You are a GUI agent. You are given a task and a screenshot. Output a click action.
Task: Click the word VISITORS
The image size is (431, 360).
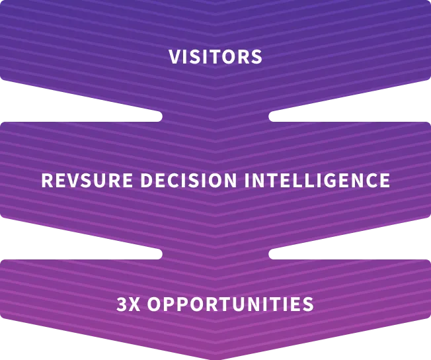[x=215, y=57]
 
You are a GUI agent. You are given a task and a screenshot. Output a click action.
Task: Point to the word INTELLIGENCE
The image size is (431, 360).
[x=317, y=181]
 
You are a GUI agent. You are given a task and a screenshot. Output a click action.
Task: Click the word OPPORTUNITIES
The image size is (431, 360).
[x=230, y=304]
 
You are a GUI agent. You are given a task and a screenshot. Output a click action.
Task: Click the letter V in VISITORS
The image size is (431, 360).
[x=175, y=57]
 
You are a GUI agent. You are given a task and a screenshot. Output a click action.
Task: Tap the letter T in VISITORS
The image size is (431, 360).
[x=213, y=57]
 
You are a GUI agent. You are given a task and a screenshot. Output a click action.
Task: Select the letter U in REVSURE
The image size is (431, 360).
[x=105, y=181]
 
